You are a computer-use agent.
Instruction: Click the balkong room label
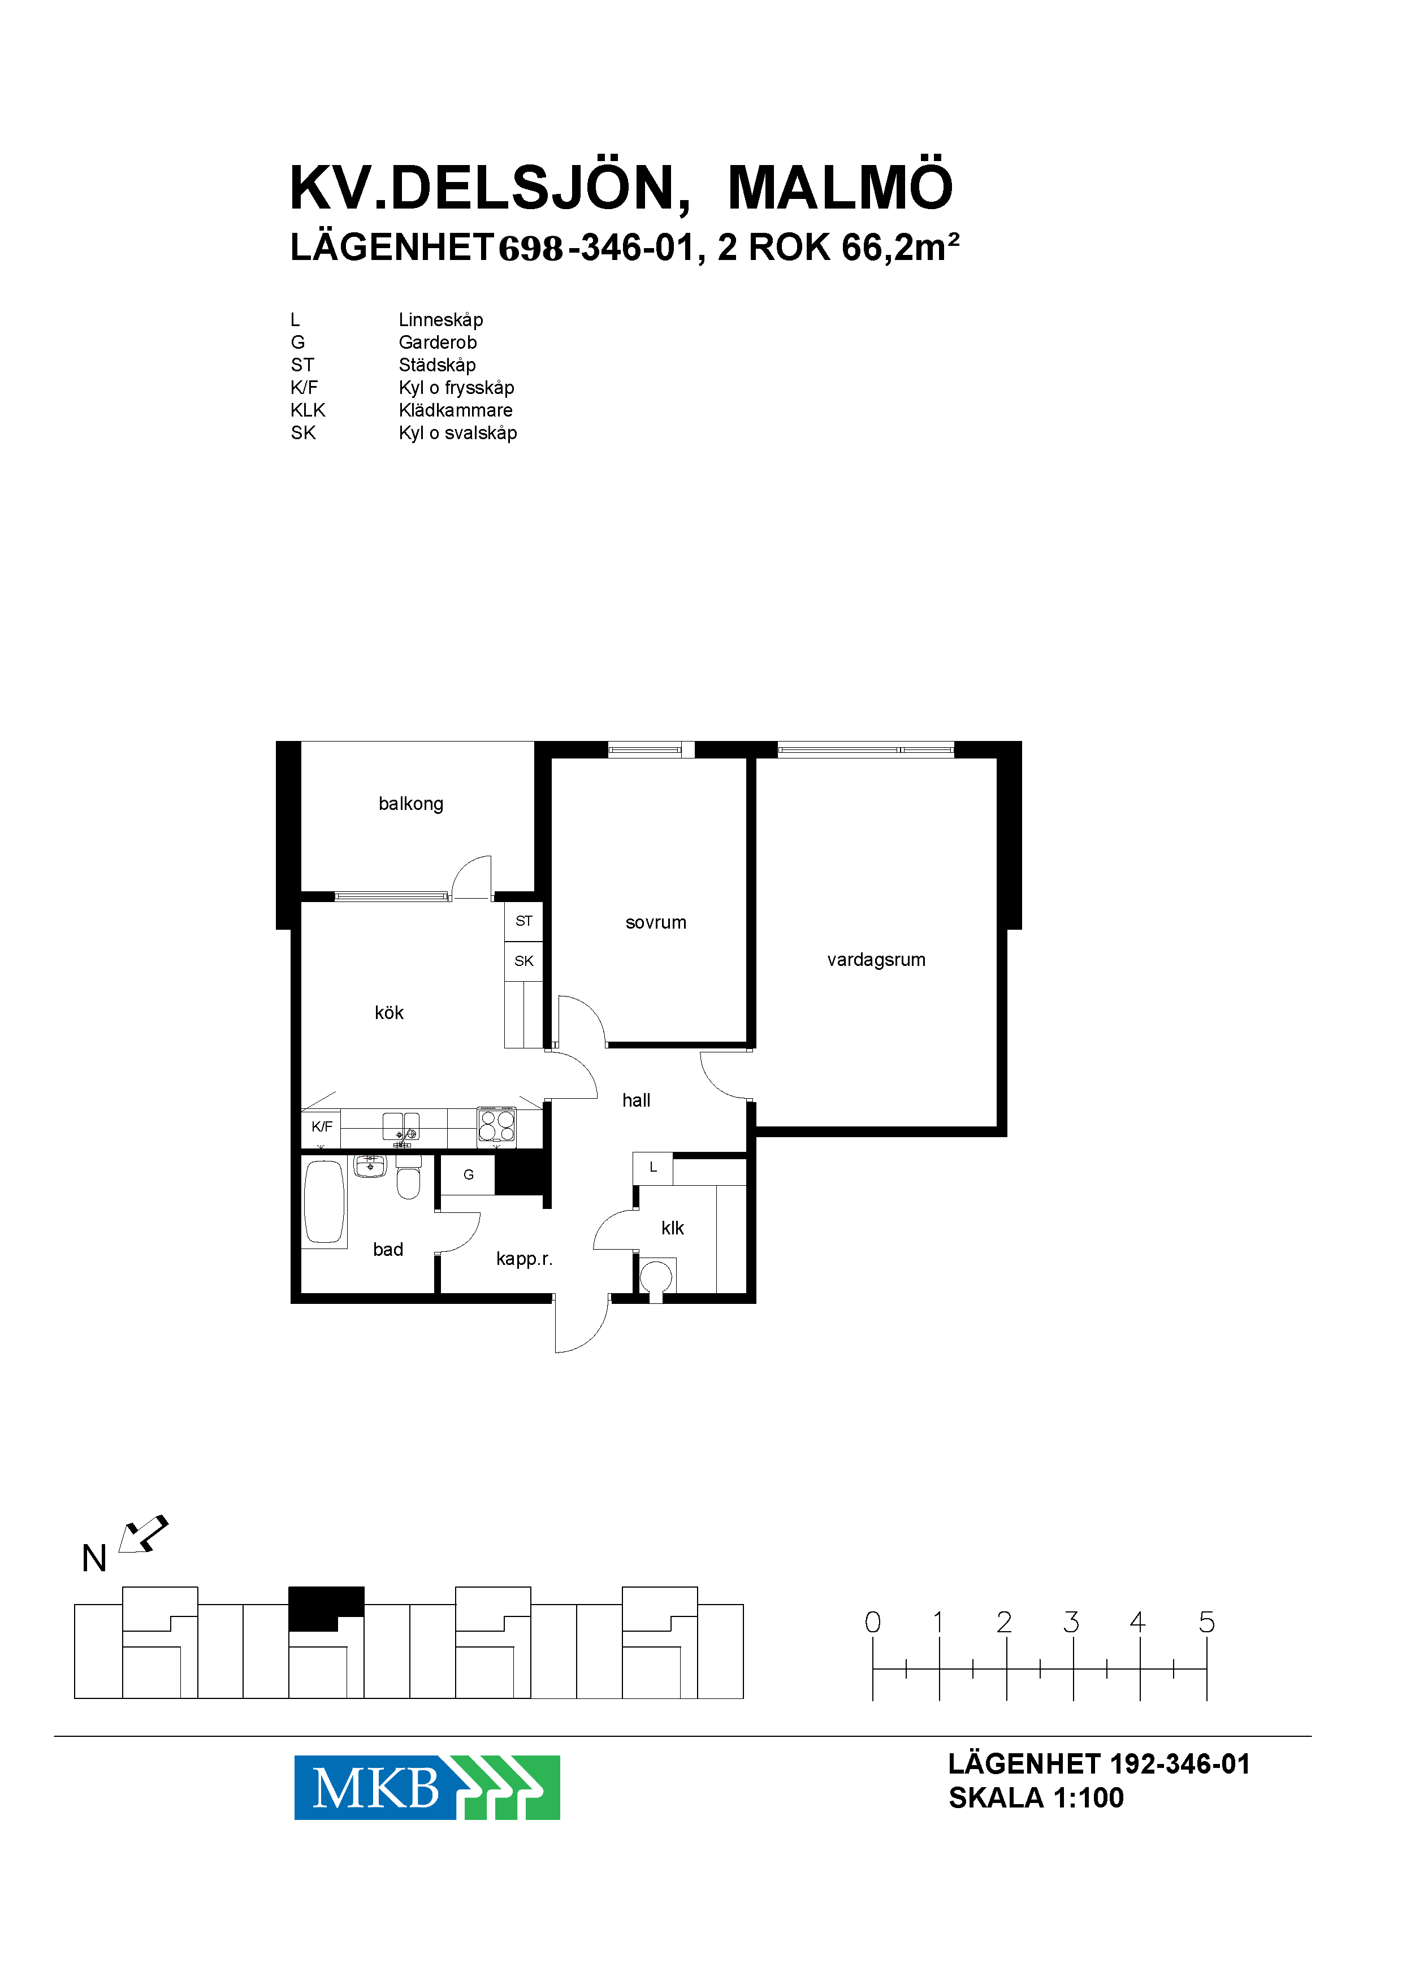coord(411,804)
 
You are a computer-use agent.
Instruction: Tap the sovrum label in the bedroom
coord(656,923)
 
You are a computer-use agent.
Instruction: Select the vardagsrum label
coord(876,960)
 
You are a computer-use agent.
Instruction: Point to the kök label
coord(390,1012)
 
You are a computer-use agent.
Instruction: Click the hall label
coord(636,1100)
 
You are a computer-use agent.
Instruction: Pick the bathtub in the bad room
coord(324,1202)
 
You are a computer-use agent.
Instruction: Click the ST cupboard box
coord(524,921)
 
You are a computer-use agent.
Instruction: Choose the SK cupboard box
coord(524,961)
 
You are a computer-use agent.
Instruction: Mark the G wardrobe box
coord(468,1175)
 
